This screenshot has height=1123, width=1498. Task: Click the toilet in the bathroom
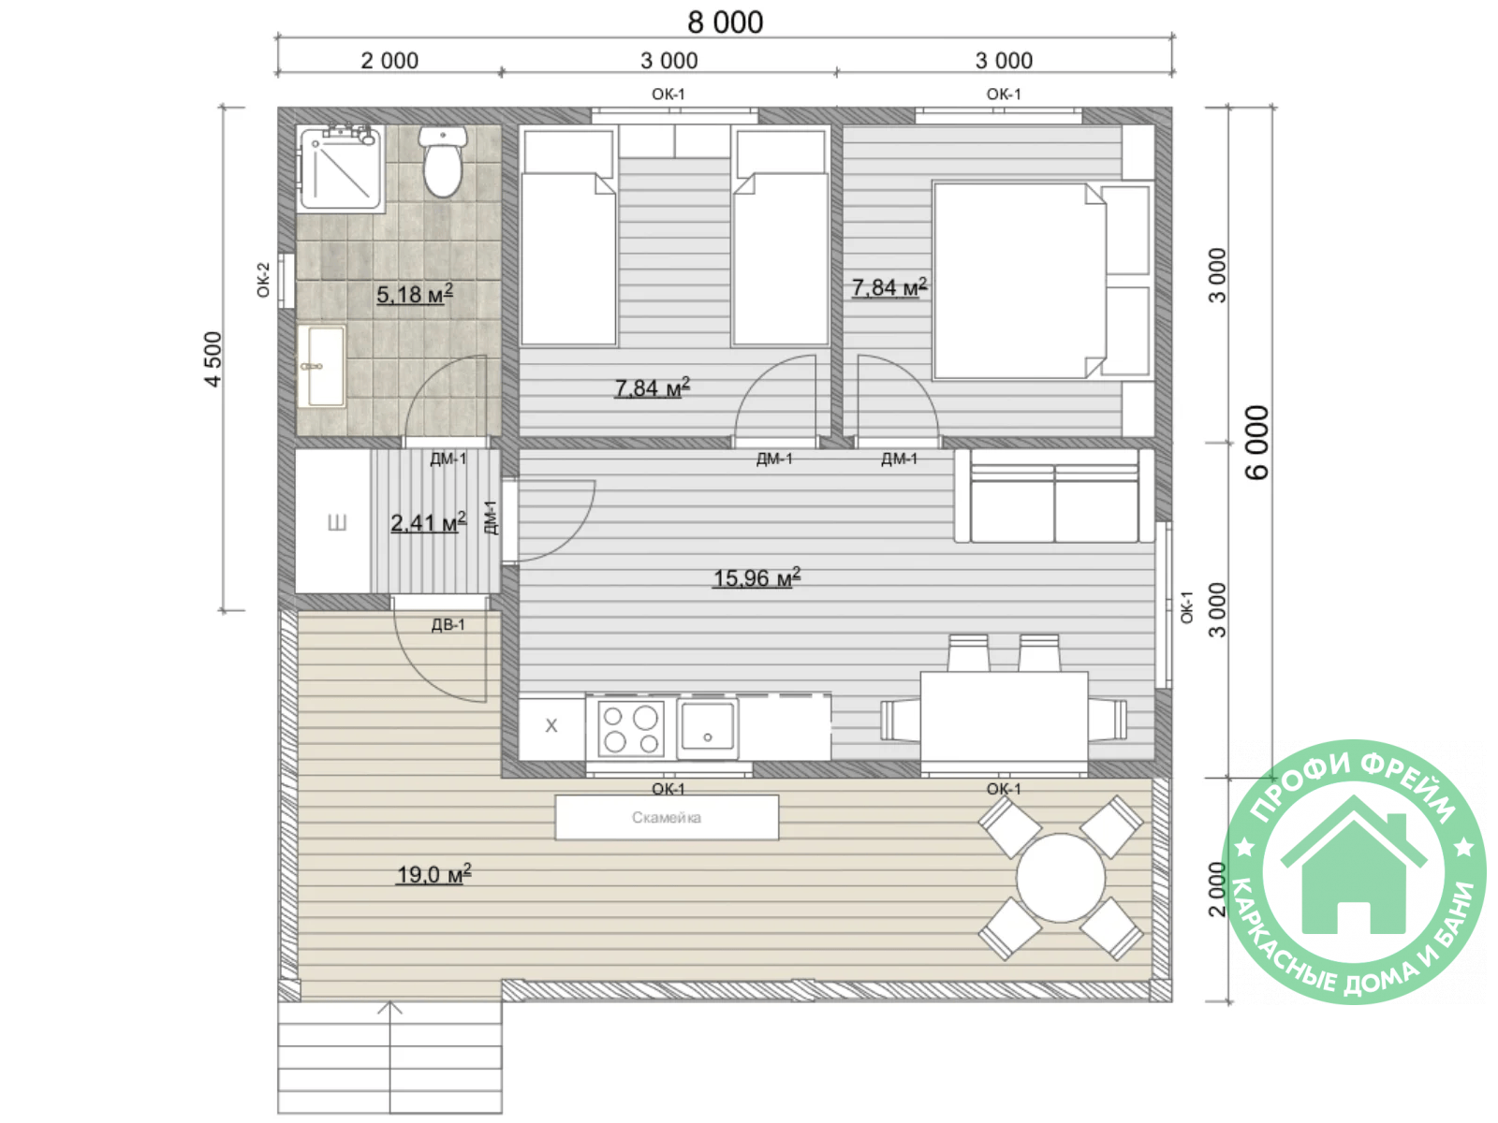tap(442, 161)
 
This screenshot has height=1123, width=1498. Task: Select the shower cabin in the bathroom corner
tap(341, 168)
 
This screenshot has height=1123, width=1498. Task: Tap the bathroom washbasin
tap(322, 366)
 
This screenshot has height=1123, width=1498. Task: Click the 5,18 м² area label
tap(414, 294)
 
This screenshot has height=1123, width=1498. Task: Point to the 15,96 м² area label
tap(756, 577)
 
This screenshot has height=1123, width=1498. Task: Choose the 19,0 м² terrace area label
tap(434, 873)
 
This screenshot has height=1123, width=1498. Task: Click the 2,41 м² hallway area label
tap(428, 522)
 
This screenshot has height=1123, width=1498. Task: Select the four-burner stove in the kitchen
tap(631, 727)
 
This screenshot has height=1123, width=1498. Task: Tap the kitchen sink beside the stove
tap(708, 728)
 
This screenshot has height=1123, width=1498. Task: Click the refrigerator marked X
tap(551, 727)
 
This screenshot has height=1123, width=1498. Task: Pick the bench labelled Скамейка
tap(667, 817)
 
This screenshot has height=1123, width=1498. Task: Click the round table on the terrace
tap(1061, 878)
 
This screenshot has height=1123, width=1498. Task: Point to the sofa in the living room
tap(1054, 496)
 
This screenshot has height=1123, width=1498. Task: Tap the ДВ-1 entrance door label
tap(448, 624)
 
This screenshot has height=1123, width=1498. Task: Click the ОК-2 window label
tap(263, 280)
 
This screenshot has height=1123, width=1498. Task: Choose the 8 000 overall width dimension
tap(725, 22)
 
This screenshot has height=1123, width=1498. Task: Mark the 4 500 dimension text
tap(213, 359)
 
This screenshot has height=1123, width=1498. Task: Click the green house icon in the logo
tap(1354, 867)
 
